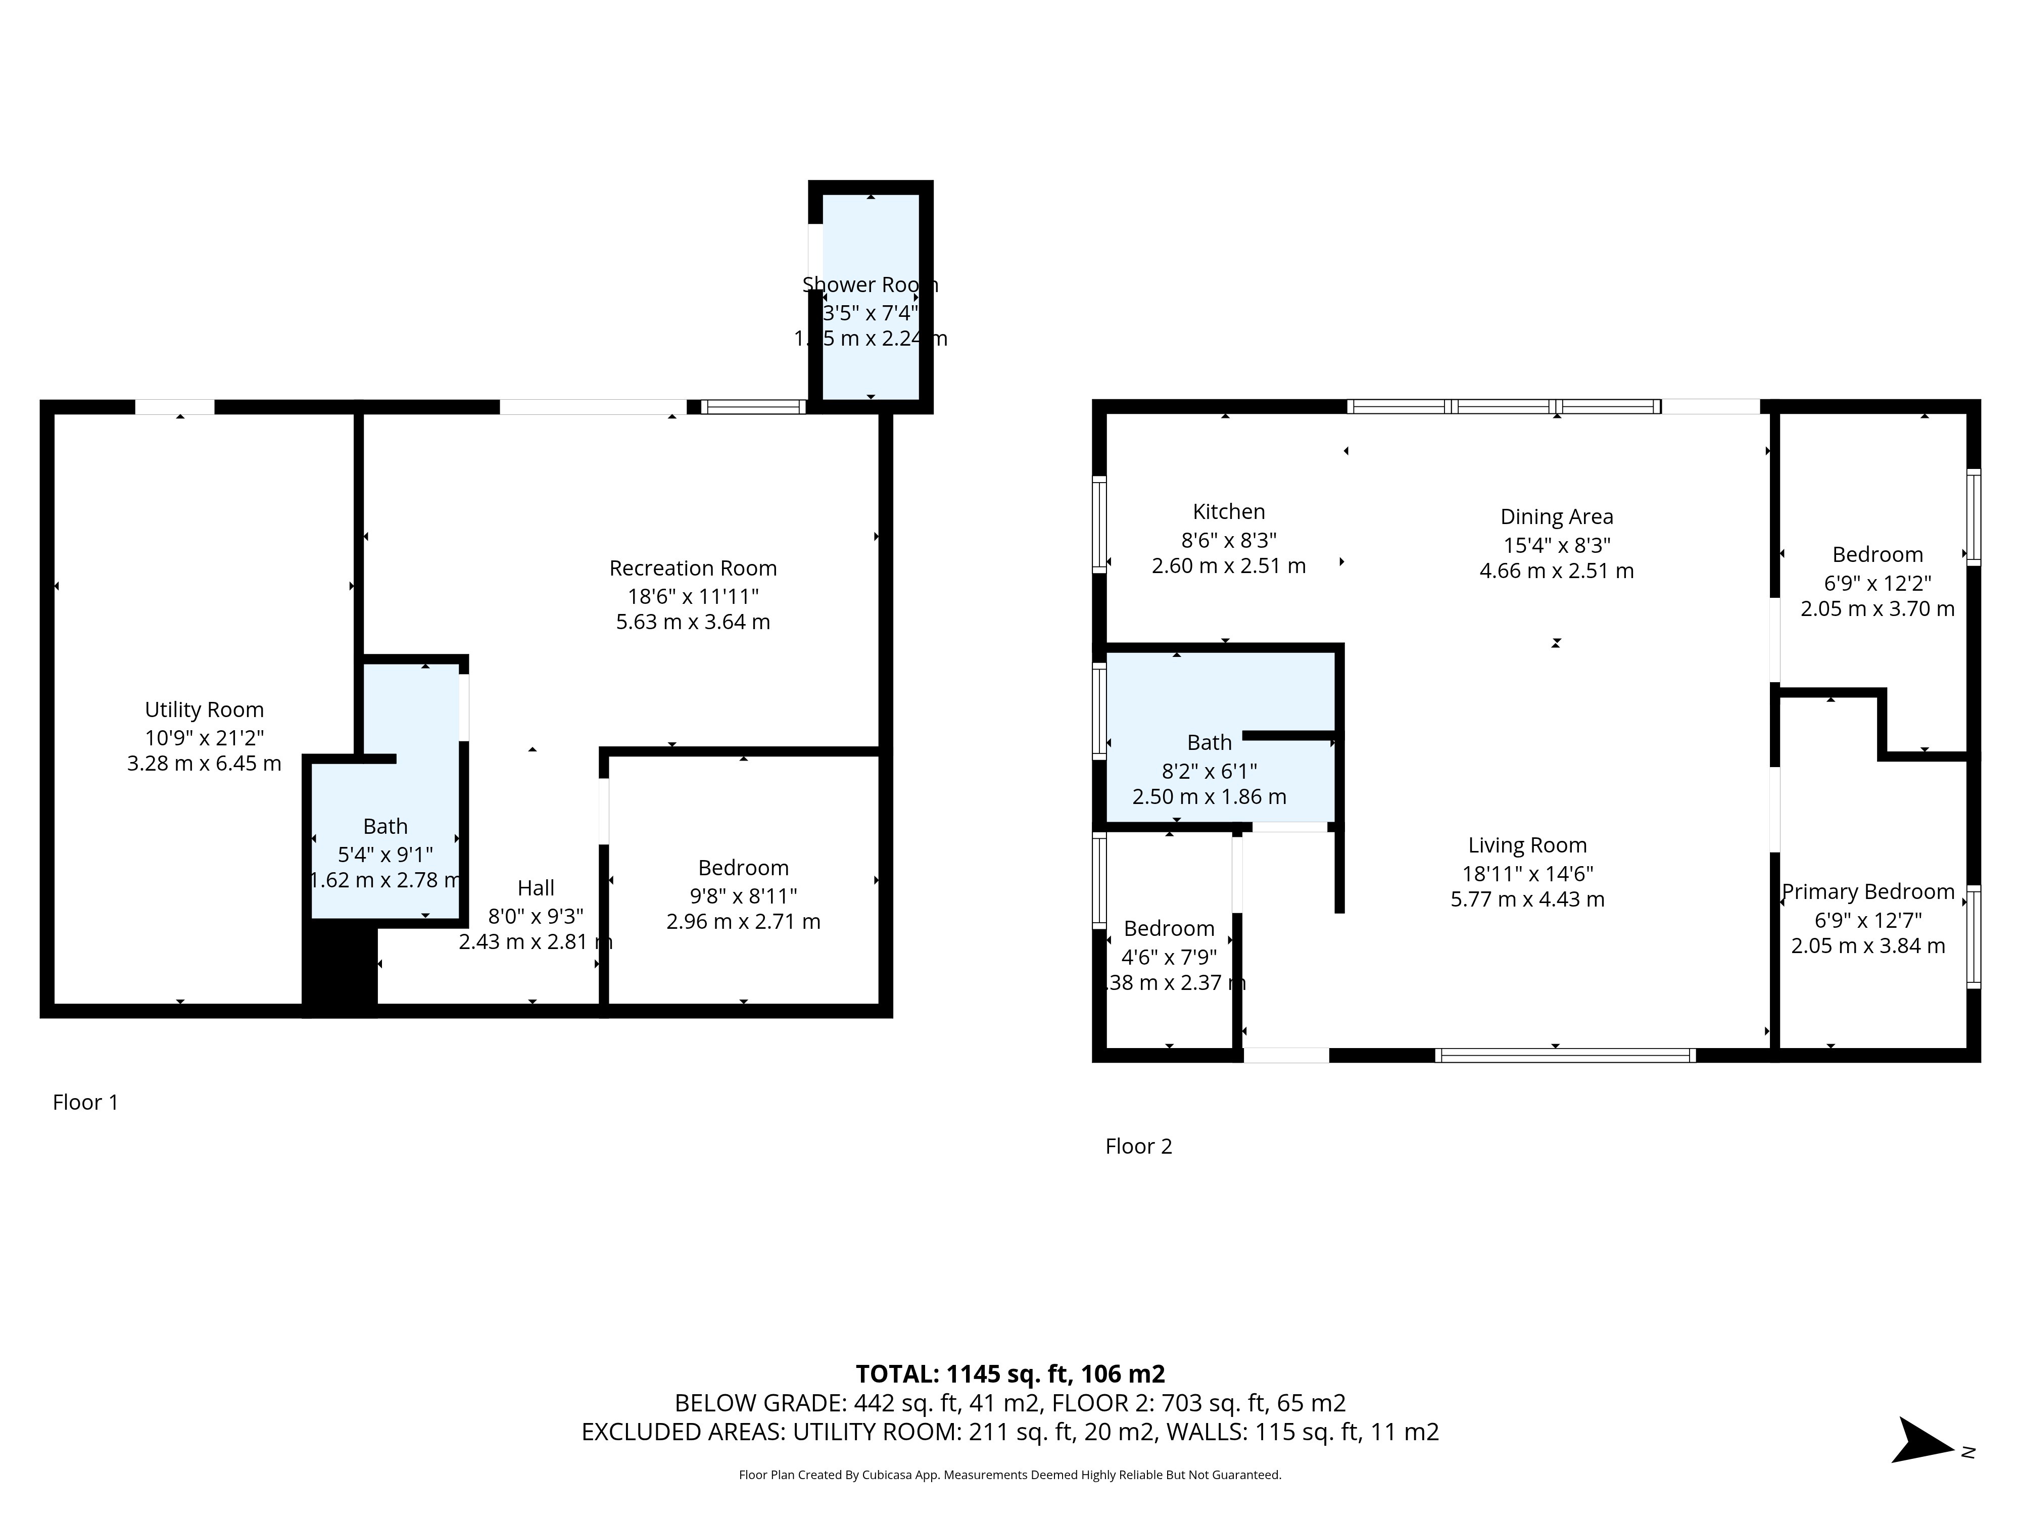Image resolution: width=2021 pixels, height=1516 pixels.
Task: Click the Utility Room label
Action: pos(204,710)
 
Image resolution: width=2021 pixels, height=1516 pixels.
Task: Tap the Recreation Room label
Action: pos(693,568)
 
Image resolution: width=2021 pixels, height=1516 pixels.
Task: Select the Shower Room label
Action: pos(870,285)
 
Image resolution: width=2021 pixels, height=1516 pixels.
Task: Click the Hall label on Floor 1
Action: pos(536,888)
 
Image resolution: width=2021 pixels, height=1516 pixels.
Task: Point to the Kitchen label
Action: pos(1228,512)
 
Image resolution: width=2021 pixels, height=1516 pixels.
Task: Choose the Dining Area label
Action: pos(1556,517)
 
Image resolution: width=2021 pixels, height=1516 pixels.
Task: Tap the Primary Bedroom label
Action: pos(1867,892)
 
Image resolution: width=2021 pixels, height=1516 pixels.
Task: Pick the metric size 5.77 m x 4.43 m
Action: pos(1527,899)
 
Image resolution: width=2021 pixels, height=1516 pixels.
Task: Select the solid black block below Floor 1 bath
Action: pos(339,969)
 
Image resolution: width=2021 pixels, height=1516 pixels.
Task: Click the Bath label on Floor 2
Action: pos(1209,743)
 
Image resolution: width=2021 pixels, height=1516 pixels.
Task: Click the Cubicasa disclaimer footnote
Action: pos(1009,1475)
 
